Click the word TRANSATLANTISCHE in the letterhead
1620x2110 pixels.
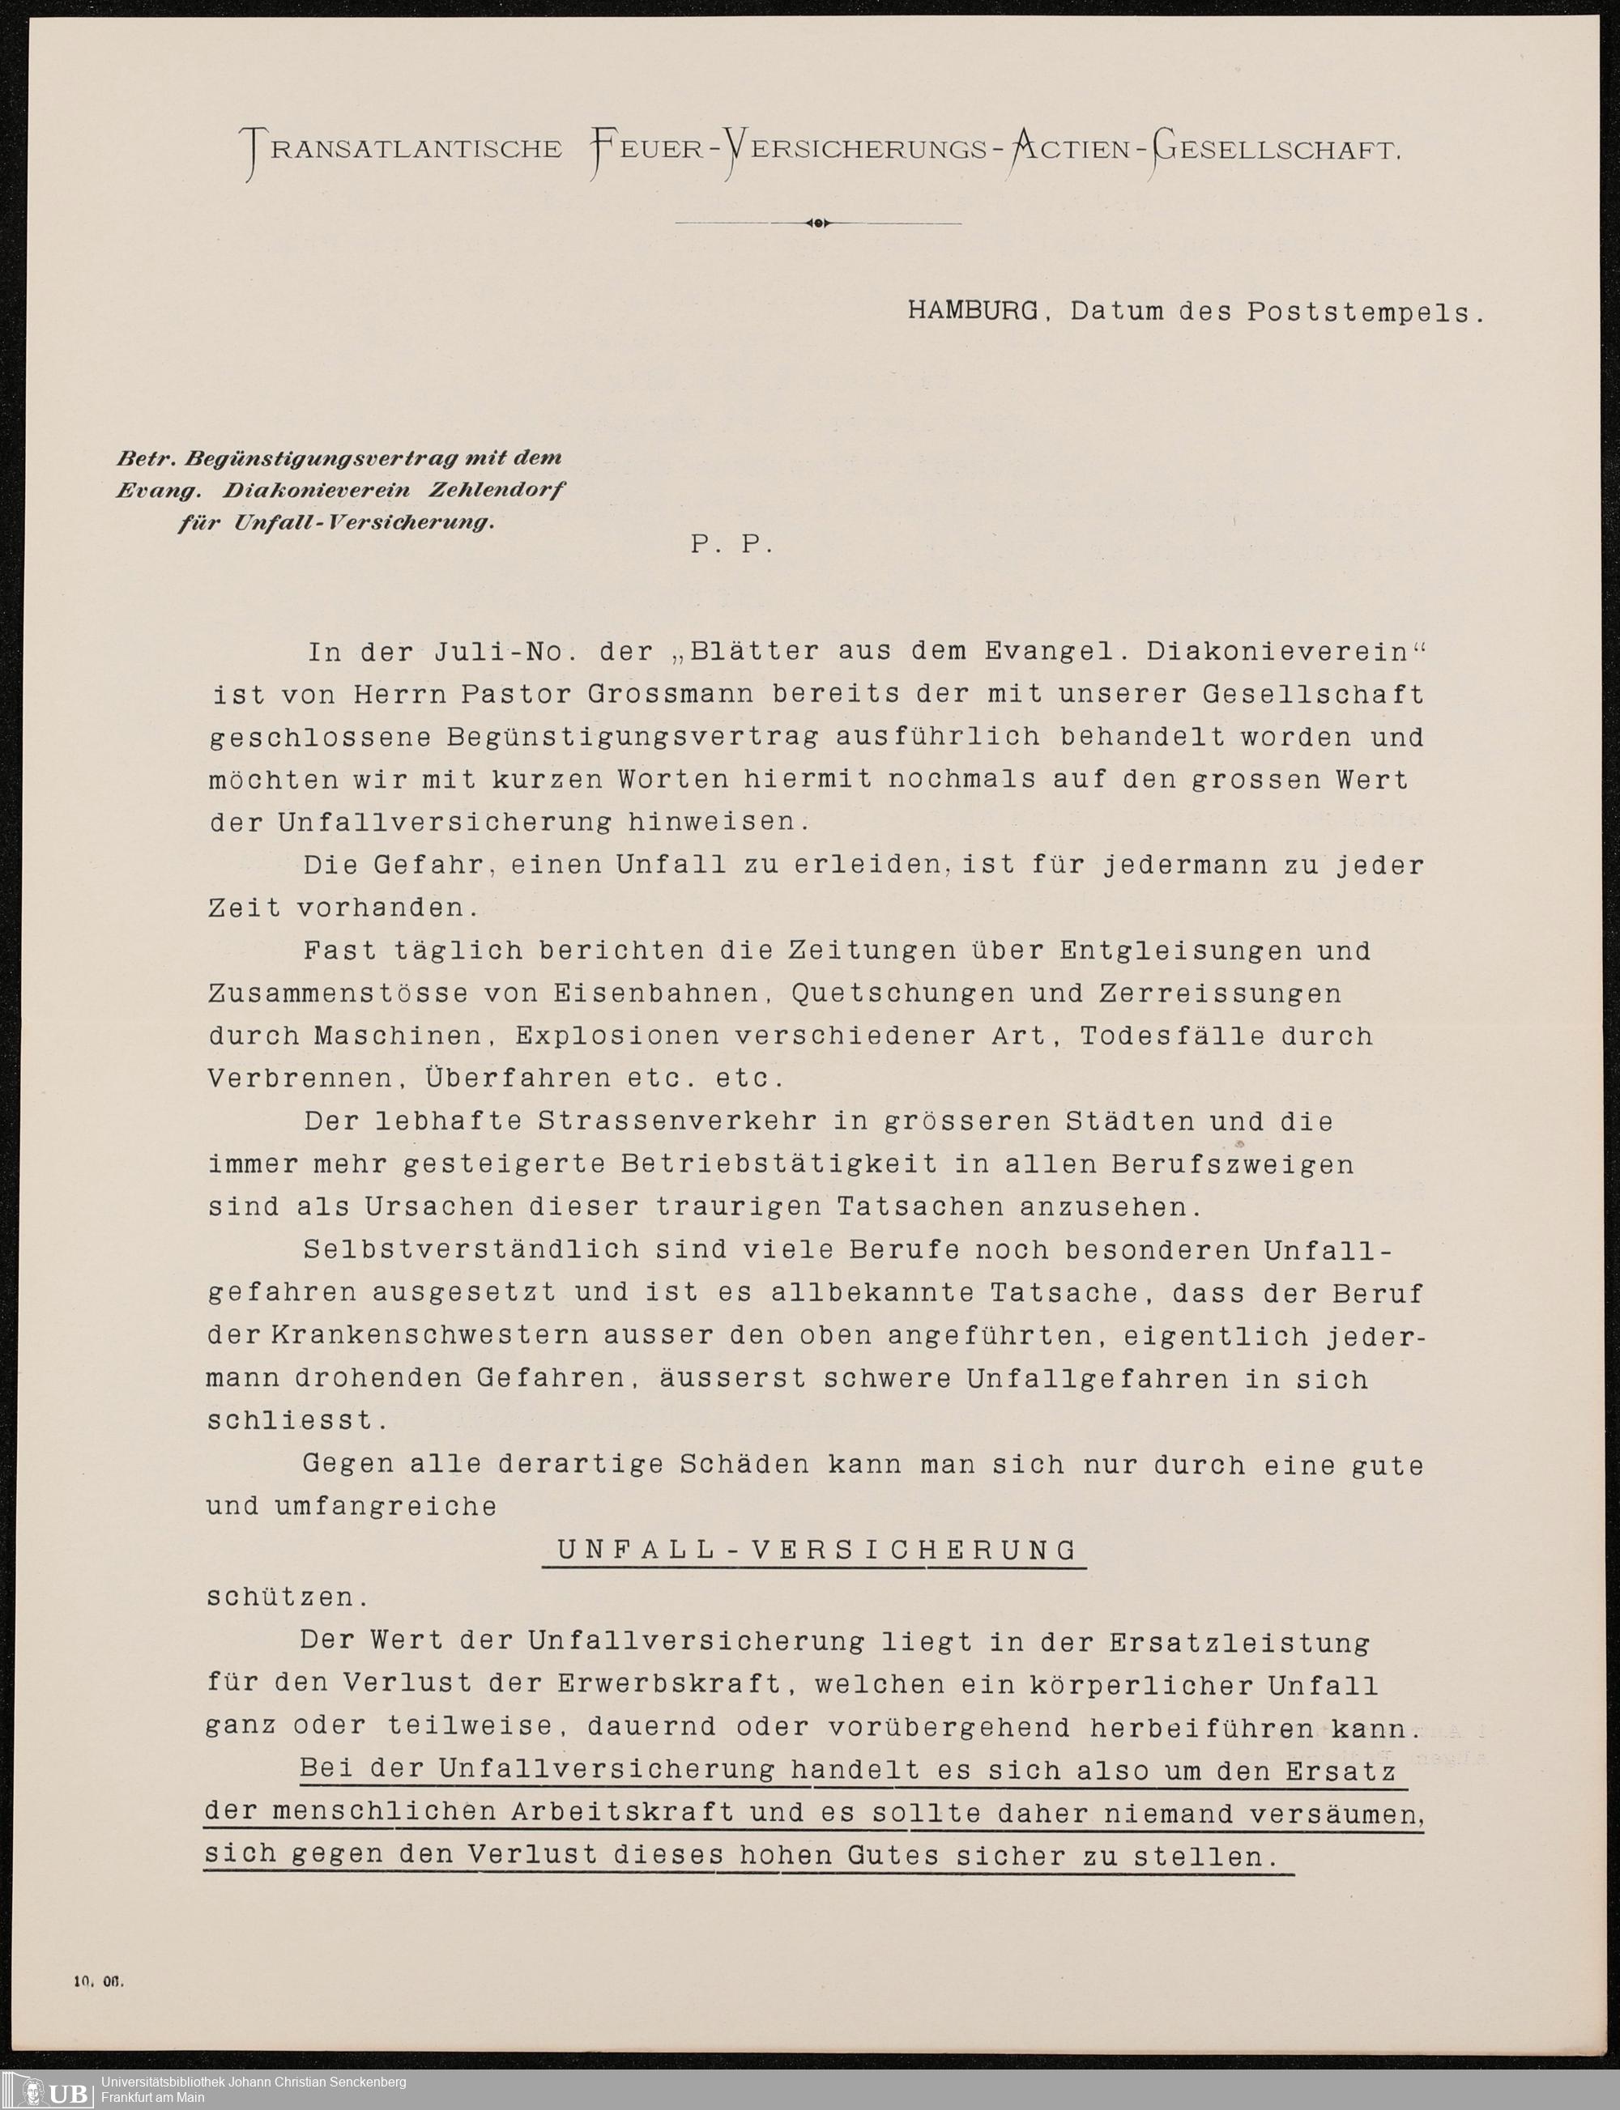click(x=405, y=150)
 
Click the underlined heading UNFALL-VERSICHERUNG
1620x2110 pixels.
click(x=816, y=1550)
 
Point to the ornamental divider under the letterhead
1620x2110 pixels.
click(x=818, y=223)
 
